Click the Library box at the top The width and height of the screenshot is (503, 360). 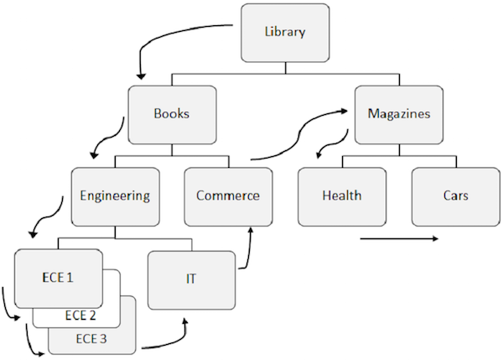(283, 34)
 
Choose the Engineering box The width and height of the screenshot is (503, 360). (114, 196)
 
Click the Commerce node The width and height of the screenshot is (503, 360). (227, 196)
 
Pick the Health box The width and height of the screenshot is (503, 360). (341, 196)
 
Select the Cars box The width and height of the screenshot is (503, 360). (455, 196)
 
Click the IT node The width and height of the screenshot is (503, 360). (190, 278)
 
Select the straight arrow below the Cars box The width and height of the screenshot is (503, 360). (398, 239)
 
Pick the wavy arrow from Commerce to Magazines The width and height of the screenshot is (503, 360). (298, 134)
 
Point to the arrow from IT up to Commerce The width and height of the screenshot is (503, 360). (249, 248)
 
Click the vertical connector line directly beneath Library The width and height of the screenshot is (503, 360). (283, 66)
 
